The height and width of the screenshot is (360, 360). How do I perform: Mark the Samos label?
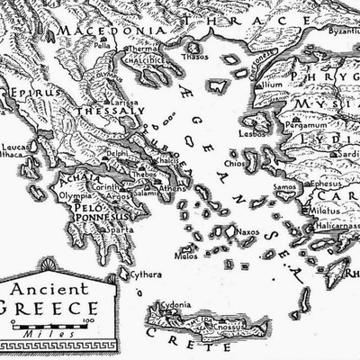286,186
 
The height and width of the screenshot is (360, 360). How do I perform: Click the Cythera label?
146,274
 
